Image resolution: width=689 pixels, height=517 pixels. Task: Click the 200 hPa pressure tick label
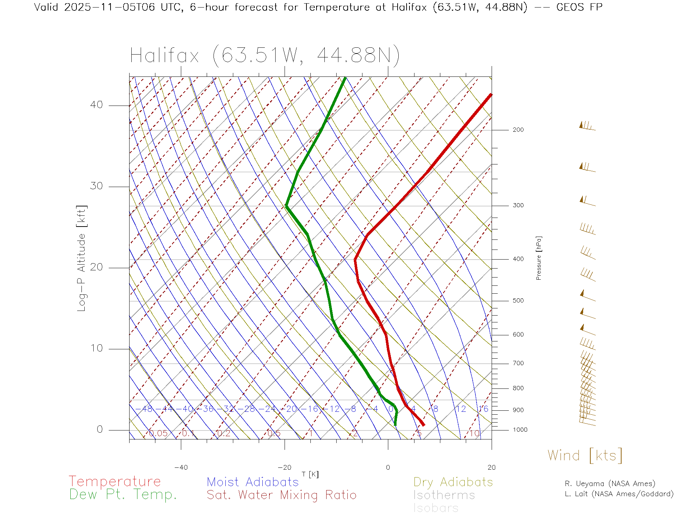518,130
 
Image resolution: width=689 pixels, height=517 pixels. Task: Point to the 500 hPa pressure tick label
518,301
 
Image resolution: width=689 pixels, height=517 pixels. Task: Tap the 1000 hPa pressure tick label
520,430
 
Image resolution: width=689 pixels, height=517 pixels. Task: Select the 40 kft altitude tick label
96,105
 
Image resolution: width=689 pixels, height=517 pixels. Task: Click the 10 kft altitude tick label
96,348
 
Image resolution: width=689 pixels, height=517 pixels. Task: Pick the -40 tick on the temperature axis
181,467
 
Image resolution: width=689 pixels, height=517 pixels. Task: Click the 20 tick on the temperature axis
491,467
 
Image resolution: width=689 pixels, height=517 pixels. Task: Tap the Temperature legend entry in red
114,481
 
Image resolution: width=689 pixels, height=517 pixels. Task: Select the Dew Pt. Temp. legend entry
123,495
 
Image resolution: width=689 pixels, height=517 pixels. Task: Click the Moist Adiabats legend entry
253,482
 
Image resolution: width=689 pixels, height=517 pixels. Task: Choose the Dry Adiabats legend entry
453,482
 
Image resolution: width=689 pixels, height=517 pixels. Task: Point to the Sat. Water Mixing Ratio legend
281,495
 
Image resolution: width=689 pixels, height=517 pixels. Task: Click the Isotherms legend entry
444,495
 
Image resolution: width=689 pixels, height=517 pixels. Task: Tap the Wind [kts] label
585,455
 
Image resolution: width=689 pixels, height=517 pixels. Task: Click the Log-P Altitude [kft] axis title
82,258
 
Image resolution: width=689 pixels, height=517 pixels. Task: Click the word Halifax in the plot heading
164,56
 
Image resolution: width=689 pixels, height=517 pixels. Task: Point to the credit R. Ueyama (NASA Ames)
610,484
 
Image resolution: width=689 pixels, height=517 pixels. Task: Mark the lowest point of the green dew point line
395,425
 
